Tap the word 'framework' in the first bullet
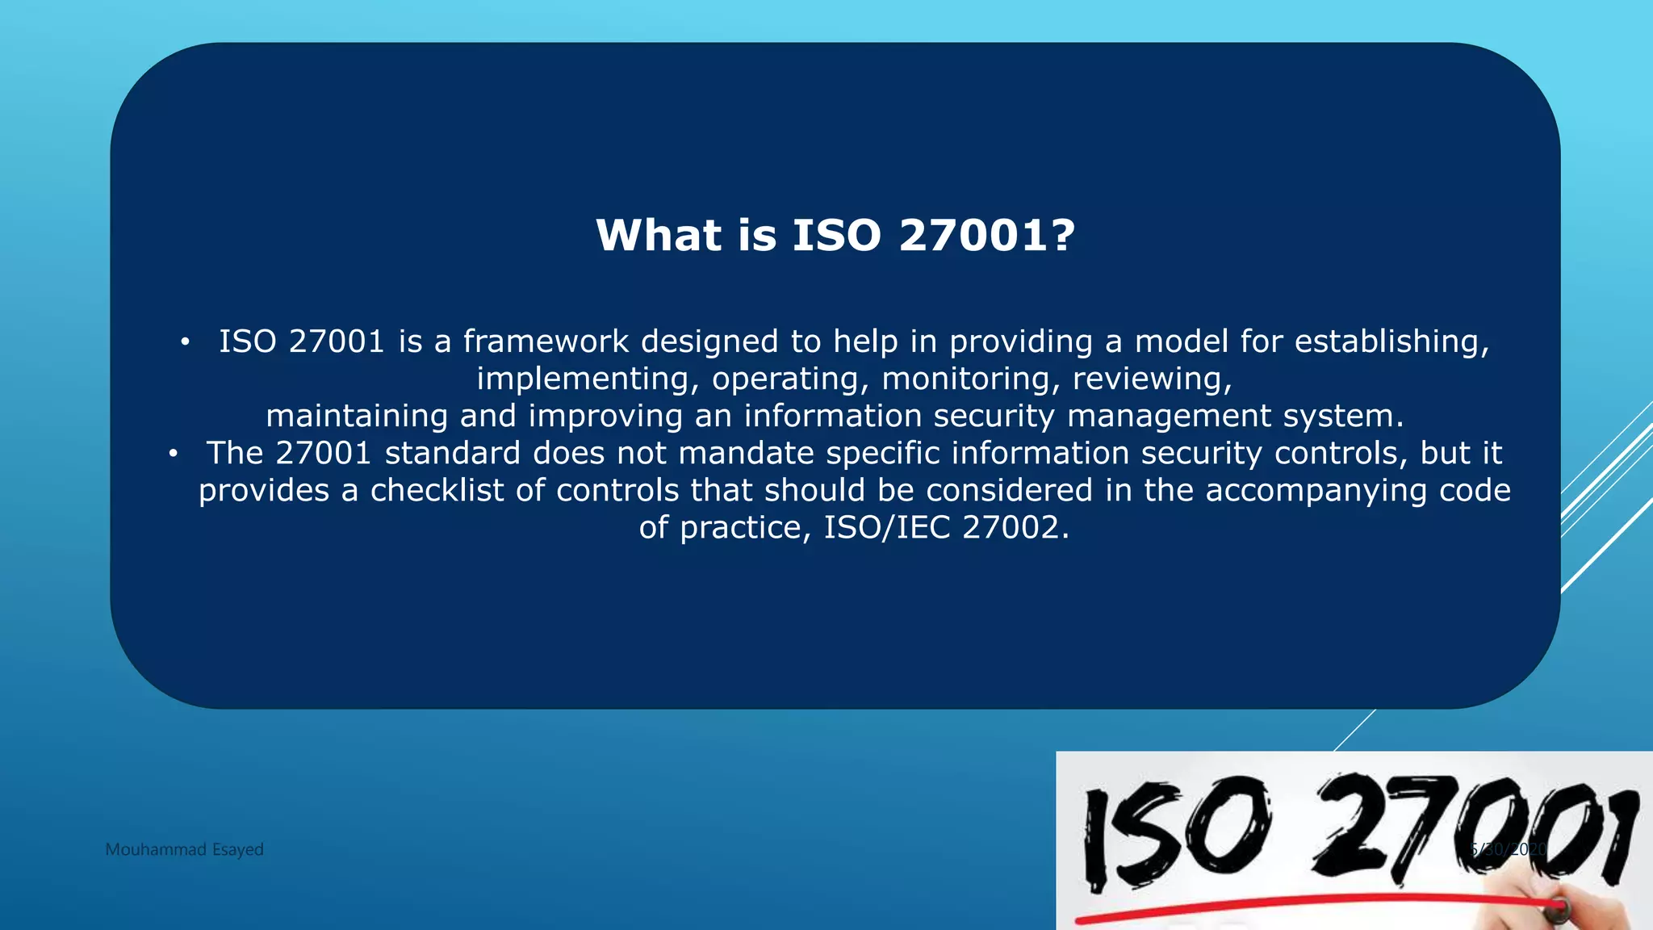pyautogui.click(x=546, y=341)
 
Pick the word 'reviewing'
pyautogui.click(x=1147, y=379)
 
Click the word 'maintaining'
pyautogui.click(x=357, y=416)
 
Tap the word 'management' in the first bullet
pyautogui.click(x=1169, y=416)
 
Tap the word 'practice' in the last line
pyautogui.click(x=741, y=527)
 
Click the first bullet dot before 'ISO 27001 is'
pyautogui.click(x=185, y=342)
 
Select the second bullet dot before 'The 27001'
pyautogui.click(x=173, y=454)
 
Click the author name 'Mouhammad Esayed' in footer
pyautogui.click(x=184, y=849)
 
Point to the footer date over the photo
pyautogui.click(x=1508, y=849)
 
